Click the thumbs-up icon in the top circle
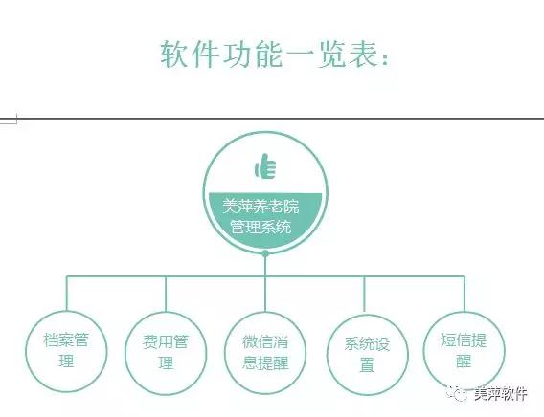click(265, 166)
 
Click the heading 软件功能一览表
click(274, 55)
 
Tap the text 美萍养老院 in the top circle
click(261, 207)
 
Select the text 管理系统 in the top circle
click(261, 228)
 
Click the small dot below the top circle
click(265, 253)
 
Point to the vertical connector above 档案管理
click(67, 293)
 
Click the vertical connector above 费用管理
click(166, 294)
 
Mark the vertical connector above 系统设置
click(364, 295)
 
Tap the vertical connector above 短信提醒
click(465, 294)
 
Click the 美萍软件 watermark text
click(501, 394)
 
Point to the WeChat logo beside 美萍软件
click(457, 393)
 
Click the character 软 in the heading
click(173, 55)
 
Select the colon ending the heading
click(384, 59)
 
